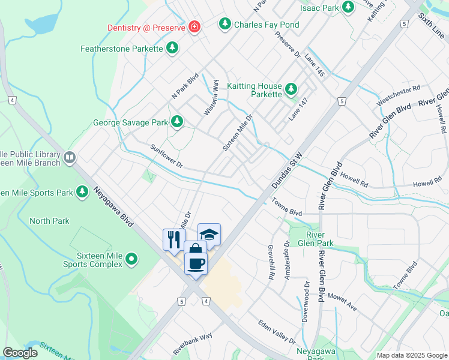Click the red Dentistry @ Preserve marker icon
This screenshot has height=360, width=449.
[194, 27]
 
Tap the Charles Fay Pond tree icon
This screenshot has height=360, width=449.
[225, 25]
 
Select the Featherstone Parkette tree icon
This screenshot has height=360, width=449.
[173, 47]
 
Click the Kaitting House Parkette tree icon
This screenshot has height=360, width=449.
[291, 89]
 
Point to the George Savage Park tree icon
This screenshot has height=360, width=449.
[176, 122]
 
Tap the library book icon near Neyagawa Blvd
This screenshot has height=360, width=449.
[70, 158]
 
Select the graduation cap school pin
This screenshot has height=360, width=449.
[209, 233]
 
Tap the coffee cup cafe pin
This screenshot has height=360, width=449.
[196, 263]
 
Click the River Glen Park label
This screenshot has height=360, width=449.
[319, 239]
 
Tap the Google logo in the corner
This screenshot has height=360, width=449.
[20, 353]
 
